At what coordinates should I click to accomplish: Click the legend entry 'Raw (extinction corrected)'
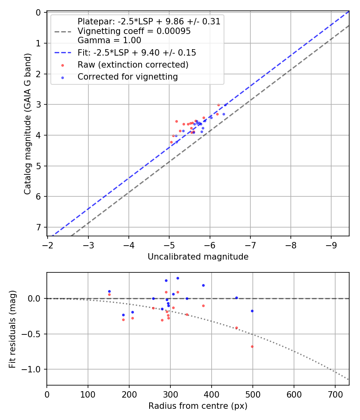133,65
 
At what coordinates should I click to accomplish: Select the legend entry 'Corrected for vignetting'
128,77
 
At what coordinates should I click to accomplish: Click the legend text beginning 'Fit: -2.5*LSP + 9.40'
137,52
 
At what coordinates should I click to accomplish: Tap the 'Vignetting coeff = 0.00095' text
134,31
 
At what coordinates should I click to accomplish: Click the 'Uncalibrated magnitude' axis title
198,257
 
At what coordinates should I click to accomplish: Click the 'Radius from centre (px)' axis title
198,406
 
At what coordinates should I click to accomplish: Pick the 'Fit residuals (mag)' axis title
12,329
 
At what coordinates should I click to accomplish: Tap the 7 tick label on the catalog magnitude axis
39,227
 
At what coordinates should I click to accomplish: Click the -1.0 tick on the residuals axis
33,369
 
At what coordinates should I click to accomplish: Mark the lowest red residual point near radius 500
252,346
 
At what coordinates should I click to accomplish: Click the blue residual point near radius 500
252,311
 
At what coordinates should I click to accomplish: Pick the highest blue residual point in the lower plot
178,278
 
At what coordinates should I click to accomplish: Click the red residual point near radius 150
109,294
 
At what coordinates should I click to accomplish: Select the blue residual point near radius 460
236,298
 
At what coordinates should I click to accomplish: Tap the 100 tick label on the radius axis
88,394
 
